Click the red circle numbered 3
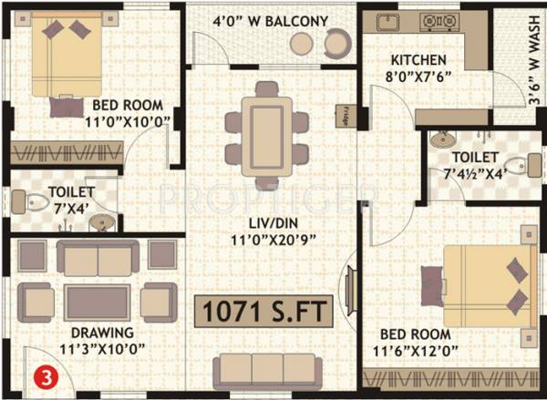coord(42,374)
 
